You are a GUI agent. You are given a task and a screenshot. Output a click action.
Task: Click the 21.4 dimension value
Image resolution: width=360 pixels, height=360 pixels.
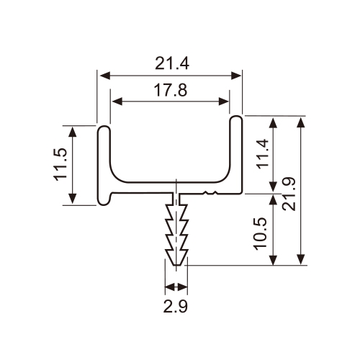coord(172,63)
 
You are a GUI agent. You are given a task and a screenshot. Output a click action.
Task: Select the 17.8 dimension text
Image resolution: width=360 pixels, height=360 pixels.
coord(171,90)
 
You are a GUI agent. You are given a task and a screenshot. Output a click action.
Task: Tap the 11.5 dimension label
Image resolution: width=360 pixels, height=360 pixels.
coord(60,165)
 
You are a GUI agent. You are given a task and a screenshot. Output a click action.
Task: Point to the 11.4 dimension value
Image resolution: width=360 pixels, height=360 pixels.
coord(263,153)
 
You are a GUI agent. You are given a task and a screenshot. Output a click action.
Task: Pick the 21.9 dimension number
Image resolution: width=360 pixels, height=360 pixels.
coord(289,194)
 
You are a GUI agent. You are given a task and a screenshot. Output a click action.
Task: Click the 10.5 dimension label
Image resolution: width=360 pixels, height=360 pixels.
coord(261,234)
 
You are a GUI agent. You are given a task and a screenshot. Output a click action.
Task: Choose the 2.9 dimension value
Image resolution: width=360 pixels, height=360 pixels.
coord(176,307)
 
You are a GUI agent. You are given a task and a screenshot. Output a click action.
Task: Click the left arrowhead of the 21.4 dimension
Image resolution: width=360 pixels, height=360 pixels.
coord(105,76)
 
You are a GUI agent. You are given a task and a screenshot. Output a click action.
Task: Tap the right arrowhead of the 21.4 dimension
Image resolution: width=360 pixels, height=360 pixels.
coord(235,76)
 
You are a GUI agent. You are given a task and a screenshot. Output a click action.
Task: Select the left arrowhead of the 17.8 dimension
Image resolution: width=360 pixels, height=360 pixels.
coord(117,102)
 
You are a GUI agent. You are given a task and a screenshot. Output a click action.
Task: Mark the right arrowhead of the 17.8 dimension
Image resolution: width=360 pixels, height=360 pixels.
coord(224,102)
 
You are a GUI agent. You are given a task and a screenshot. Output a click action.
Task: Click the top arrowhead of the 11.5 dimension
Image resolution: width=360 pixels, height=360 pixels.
coord(73,132)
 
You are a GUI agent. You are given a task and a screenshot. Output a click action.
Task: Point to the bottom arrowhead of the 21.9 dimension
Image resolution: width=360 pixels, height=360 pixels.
coord(301,259)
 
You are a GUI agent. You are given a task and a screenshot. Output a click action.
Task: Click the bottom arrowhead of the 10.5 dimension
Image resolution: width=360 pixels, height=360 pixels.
coord(273,260)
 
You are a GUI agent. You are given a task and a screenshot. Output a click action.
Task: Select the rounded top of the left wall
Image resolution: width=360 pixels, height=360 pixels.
coord(104,127)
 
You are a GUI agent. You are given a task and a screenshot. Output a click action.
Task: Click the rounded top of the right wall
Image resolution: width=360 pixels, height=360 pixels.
coord(236,117)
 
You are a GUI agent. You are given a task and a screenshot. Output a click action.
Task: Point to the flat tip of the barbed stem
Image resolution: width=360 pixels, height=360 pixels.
coord(176,265)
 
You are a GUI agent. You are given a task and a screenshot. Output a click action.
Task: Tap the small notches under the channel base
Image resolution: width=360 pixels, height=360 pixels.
coord(210,193)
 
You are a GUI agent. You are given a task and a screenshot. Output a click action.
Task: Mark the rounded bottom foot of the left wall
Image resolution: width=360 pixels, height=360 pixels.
coord(104,203)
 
